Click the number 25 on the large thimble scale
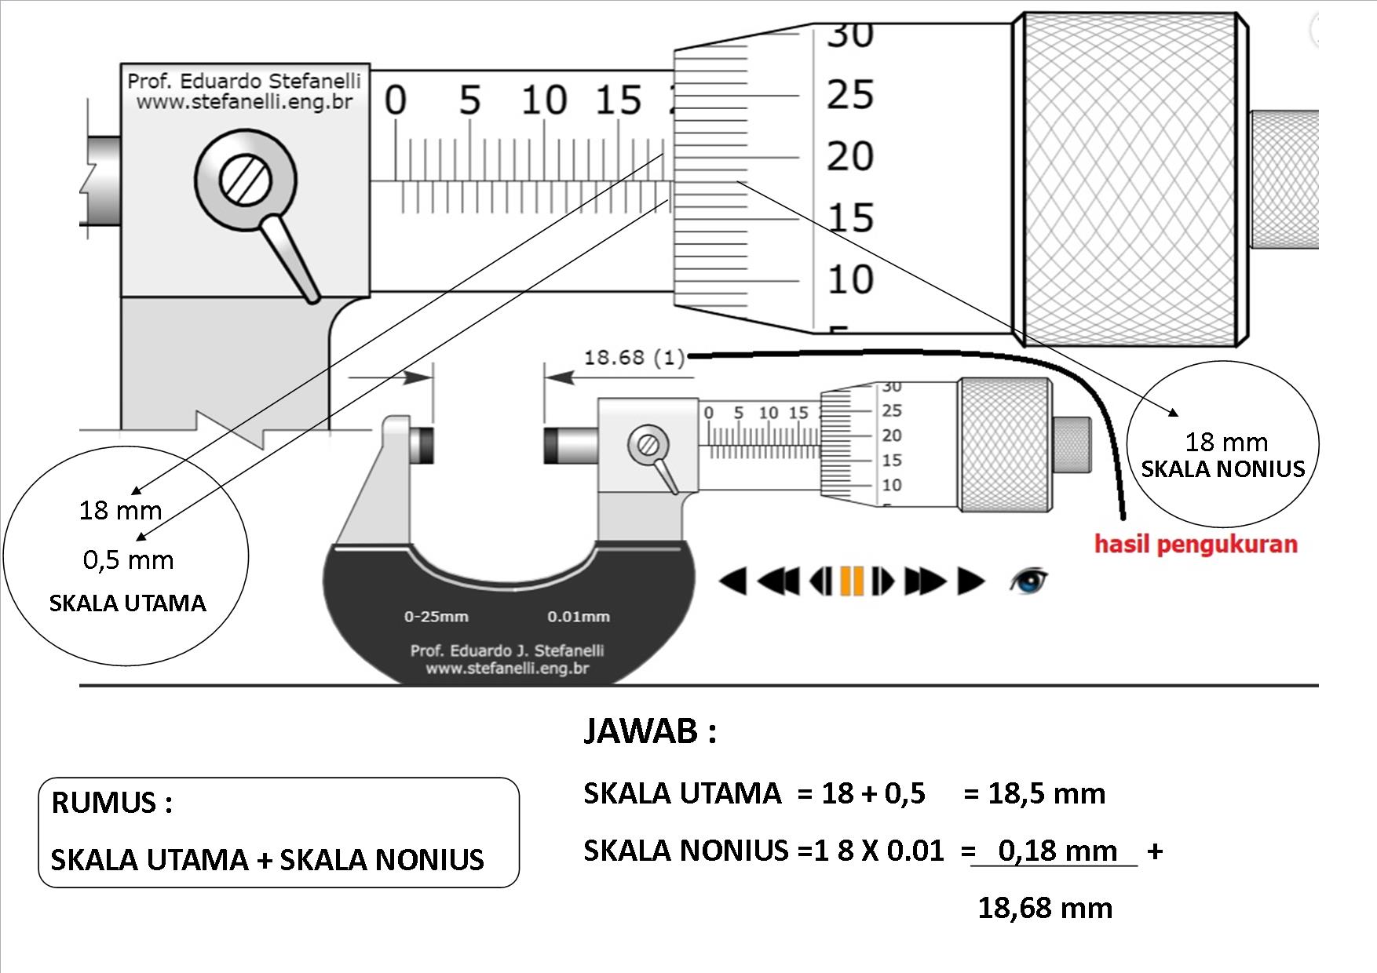pyautogui.click(x=849, y=95)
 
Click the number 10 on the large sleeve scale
pyautogui.click(x=543, y=101)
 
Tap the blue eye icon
pyautogui.click(x=1028, y=581)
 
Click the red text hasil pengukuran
pyautogui.click(x=1196, y=544)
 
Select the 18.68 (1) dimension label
pyautogui.click(x=634, y=358)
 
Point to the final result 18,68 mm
pyautogui.click(x=1045, y=909)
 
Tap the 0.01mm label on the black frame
pyautogui.click(x=579, y=617)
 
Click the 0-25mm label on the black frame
pyautogui.click(x=436, y=617)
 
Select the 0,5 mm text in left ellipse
pyautogui.click(x=128, y=560)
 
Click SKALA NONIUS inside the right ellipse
pyautogui.click(x=1222, y=469)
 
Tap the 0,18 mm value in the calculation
pyautogui.click(x=1057, y=851)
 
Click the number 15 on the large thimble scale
pyautogui.click(x=849, y=217)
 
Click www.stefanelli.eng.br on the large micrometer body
pyautogui.click(x=244, y=102)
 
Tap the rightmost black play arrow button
pyautogui.click(x=970, y=581)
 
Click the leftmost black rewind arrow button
pyautogui.click(x=733, y=581)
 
